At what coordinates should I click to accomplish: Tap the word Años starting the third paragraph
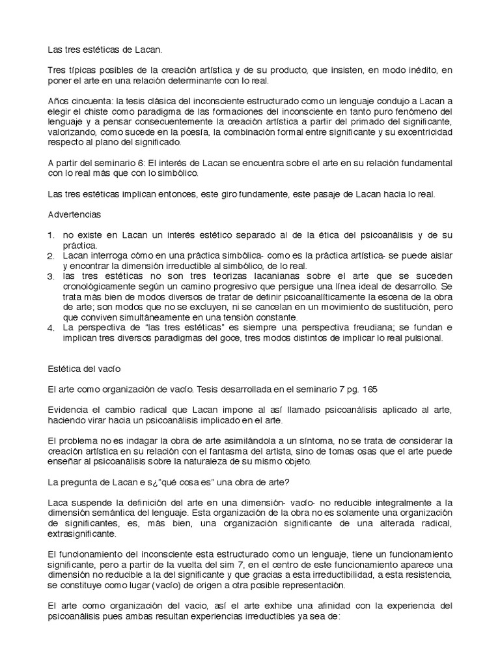[x=60, y=102]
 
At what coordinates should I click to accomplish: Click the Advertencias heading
[x=76, y=214]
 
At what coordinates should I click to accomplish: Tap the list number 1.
[x=52, y=234]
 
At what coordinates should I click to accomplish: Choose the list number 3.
[x=52, y=277]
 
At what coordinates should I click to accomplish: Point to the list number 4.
[x=52, y=328]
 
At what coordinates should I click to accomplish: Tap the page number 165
[x=368, y=390]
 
